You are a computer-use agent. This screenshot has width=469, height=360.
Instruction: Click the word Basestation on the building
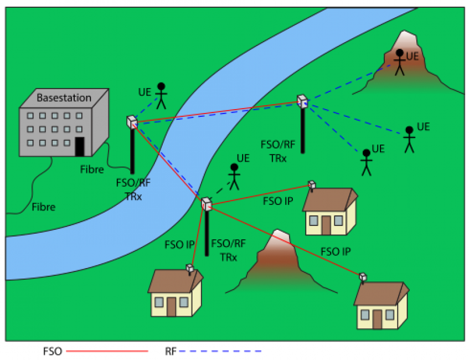point(64,98)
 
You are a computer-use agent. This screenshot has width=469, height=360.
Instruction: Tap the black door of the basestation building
point(80,147)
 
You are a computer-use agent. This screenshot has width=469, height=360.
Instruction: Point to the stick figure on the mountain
point(399,61)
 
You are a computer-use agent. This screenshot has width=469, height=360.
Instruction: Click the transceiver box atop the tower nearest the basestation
point(132,122)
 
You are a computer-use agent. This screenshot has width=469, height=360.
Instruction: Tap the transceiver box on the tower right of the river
point(302,101)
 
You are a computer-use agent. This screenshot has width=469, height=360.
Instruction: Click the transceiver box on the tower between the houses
point(207,204)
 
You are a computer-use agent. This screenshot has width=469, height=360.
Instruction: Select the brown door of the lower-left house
point(172,306)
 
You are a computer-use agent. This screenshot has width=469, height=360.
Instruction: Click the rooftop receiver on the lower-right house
point(363,276)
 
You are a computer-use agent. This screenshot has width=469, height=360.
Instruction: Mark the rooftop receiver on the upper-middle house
point(312,185)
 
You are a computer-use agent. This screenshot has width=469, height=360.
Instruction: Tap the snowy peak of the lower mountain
point(280,235)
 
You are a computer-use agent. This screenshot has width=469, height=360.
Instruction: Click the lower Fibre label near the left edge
point(43,207)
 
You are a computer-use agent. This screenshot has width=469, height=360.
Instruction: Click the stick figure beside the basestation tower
point(161,96)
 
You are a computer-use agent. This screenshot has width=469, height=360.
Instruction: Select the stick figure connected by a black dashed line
point(235,177)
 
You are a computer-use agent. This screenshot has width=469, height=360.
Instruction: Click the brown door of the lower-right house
point(378,319)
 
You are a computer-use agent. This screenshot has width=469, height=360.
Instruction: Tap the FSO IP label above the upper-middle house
point(278,201)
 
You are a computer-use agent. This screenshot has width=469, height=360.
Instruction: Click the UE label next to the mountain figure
point(413,56)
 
